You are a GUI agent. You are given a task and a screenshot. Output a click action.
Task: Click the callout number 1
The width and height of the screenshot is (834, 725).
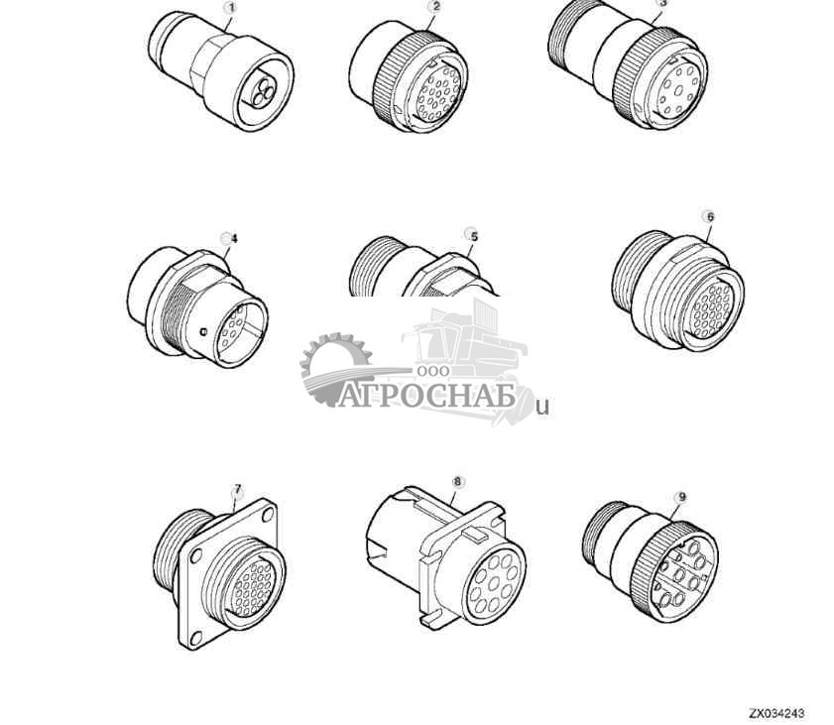point(231,8)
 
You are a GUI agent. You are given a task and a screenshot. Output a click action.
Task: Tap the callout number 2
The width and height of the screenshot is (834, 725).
point(435,7)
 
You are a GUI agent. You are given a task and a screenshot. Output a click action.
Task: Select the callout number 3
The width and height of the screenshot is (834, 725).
point(662,3)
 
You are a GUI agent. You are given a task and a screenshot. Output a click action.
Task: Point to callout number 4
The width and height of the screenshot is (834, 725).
point(232,238)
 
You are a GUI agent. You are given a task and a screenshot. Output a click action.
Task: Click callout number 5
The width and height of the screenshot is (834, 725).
point(473,236)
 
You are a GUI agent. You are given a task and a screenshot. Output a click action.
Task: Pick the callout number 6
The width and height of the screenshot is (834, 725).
point(708,216)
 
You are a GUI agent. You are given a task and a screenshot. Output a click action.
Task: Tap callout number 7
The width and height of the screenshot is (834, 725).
point(237,490)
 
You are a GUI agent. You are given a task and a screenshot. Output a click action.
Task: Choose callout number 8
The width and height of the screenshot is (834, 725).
point(457,482)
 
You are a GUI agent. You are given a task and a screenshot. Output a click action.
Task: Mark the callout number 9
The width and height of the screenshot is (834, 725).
point(679,496)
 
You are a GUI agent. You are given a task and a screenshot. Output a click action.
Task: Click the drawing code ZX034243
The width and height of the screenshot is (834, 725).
point(776,713)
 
